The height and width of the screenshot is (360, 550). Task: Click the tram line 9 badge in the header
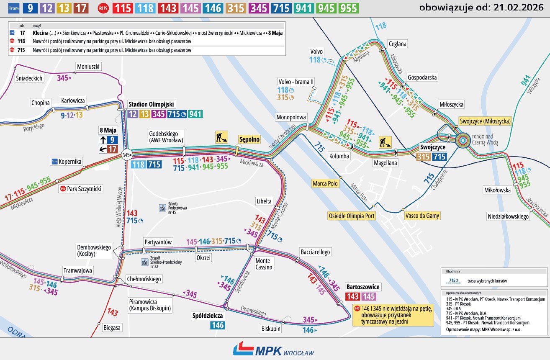click(x=30, y=8)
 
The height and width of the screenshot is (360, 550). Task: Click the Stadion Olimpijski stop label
click(x=152, y=104)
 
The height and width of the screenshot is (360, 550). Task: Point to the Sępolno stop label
click(x=249, y=139)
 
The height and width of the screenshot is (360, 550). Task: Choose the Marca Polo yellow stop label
click(x=326, y=183)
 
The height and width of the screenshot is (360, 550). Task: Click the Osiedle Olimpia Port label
click(x=351, y=216)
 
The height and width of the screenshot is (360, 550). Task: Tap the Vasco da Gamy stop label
click(x=422, y=216)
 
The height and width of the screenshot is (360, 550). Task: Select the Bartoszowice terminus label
click(x=363, y=287)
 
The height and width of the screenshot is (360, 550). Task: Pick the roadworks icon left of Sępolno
click(x=221, y=137)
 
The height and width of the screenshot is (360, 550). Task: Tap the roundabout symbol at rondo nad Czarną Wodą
click(x=463, y=140)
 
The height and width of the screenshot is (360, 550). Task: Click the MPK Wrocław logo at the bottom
click(x=273, y=349)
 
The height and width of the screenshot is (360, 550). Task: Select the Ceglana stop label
click(x=397, y=44)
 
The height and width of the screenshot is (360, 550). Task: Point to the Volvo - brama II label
click(x=296, y=81)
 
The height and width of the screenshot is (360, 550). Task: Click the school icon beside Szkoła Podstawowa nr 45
click(x=162, y=208)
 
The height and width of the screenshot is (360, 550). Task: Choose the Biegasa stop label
click(x=112, y=328)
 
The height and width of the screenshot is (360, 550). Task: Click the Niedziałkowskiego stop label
click(x=508, y=216)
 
